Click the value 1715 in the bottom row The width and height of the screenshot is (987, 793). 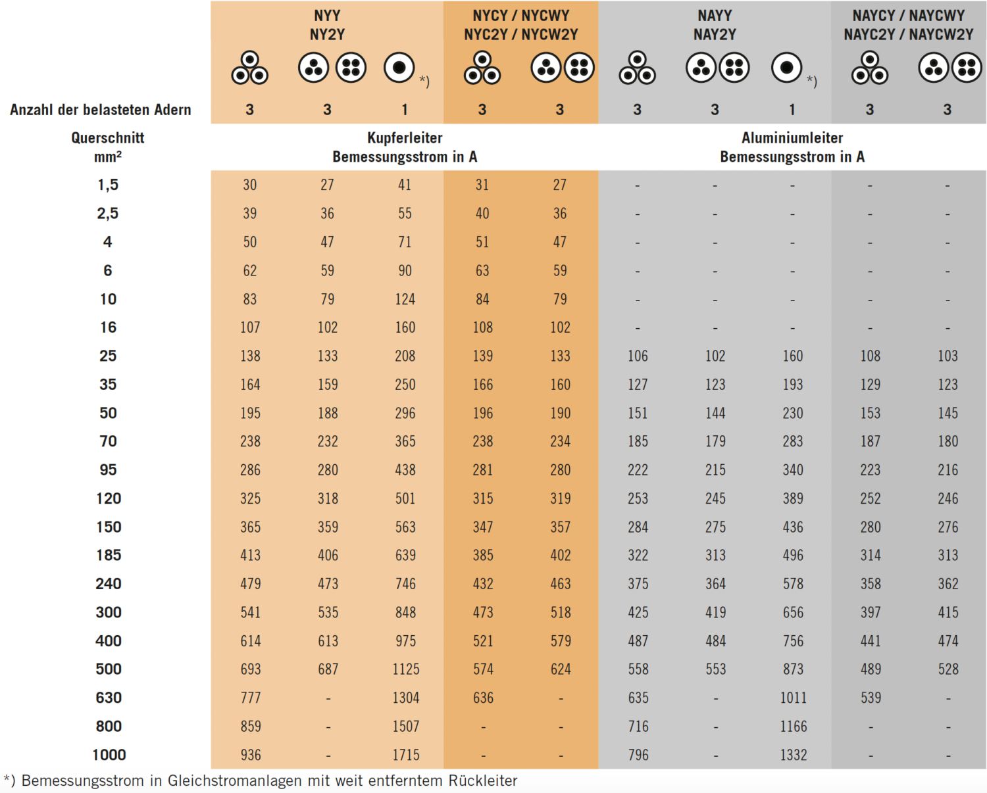pos(405,755)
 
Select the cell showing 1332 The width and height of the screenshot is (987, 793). pos(793,755)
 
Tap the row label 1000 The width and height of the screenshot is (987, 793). pos(109,755)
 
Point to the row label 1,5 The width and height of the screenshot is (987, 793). pos(108,185)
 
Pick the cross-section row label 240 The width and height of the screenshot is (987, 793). pos(109,584)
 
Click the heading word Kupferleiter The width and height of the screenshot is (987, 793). pos(405,138)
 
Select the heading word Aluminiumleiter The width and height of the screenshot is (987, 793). pos(792,138)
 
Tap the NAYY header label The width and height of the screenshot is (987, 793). pos(715,16)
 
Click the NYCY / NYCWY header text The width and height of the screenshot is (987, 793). pos(521,16)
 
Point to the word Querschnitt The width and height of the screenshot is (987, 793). pos(108,138)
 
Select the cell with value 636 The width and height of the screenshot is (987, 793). pos(482,698)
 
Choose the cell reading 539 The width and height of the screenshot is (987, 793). pos(870,698)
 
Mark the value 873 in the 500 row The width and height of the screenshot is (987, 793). pos(793,669)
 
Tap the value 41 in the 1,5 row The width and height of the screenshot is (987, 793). pos(405,185)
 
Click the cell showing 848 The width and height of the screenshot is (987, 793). pos(405,612)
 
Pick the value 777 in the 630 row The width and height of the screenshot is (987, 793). pos(250,698)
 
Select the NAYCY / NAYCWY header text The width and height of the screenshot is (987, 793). pos(908,16)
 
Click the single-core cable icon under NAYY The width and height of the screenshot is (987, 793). pos(786,67)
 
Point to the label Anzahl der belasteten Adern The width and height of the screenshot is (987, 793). pos(101,110)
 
